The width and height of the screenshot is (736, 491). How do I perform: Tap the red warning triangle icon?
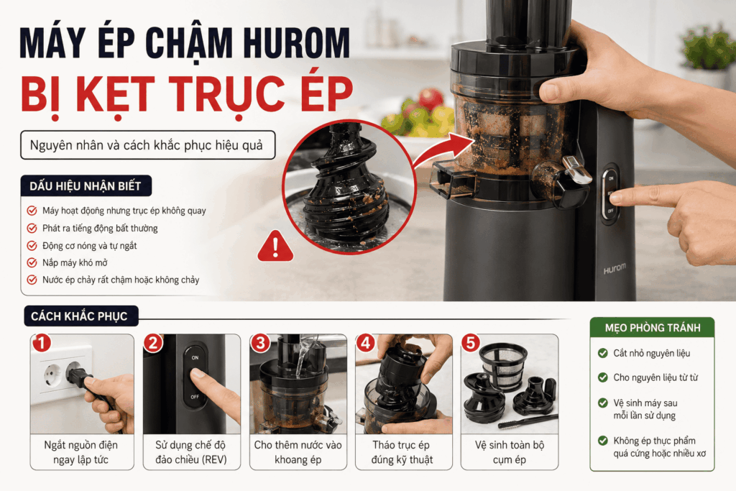275,247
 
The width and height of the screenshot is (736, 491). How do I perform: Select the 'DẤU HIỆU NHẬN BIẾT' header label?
86,186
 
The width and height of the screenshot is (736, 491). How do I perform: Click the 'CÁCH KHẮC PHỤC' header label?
79,316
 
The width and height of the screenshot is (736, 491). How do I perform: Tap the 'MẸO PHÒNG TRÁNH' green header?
653,328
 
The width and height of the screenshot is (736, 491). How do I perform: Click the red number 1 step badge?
41,343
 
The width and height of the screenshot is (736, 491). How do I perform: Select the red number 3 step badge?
260,343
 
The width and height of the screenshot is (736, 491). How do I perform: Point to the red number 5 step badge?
471,343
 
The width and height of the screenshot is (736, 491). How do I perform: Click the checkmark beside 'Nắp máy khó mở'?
32,262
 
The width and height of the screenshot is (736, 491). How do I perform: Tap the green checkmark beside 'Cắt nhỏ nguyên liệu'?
603,353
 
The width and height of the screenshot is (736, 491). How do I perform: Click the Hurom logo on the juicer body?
615,269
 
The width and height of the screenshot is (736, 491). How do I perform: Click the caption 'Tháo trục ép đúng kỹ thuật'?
402,452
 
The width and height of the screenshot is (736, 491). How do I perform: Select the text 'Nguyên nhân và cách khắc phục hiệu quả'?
147,145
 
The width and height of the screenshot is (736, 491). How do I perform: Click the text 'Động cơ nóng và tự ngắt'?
90,246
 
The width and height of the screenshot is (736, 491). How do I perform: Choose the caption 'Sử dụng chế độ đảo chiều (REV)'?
191,452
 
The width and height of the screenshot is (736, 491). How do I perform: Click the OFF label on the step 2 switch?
195,397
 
